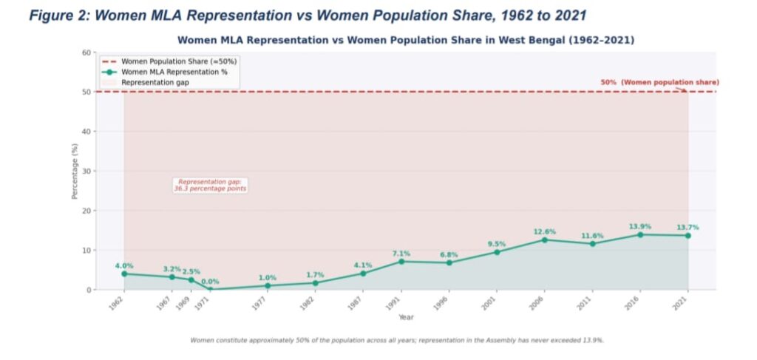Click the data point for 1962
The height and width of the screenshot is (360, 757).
[124, 274]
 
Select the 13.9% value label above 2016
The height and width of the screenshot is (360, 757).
[639, 225]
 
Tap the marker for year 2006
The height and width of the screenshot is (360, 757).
[543, 240]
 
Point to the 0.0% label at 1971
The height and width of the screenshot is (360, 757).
[210, 281]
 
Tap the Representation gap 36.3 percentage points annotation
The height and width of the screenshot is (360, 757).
[210, 185]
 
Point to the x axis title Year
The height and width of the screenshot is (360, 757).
[406, 317]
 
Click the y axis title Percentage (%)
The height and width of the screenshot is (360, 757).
[75, 171]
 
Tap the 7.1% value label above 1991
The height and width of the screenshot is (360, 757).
[401, 254]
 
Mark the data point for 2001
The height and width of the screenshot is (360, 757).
[496, 252]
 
